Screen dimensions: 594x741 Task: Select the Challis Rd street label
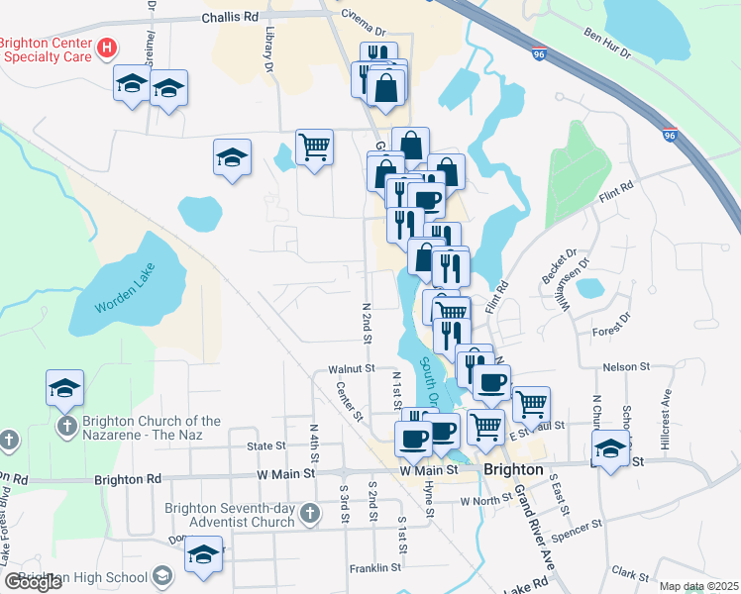click(229, 17)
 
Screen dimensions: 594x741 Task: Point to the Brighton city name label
click(512, 469)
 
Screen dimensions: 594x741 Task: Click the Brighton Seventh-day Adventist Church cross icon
click(311, 513)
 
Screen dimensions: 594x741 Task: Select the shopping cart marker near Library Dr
click(314, 148)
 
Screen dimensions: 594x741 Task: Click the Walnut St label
click(348, 368)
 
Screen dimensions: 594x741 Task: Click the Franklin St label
click(374, 568)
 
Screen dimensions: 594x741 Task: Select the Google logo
click(33, 582)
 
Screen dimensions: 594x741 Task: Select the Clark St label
click(629, 572)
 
